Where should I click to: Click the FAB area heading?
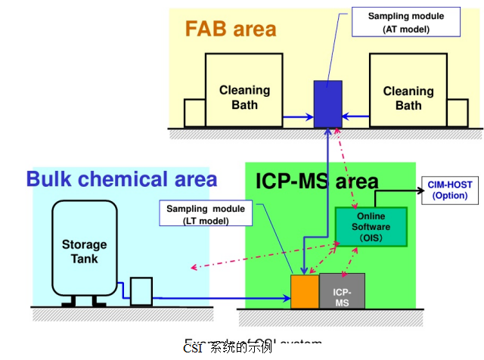pos(231,29)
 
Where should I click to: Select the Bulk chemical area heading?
pos(122,179)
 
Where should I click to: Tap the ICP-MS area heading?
pos(316,182)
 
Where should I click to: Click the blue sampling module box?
pos(327,103)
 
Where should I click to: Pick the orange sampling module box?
pos(304,291)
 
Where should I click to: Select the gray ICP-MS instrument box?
pos(342,291)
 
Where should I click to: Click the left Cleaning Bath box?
pos(244,91)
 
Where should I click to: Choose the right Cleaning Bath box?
pos(408,91)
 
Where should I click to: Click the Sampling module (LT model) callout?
pos(195,214)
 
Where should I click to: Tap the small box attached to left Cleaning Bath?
pos(194,113)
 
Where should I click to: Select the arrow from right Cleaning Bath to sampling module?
pos(355,116)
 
